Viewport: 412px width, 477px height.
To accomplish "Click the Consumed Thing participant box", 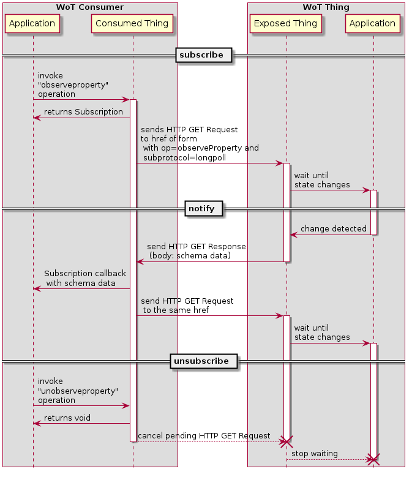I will click(133, 24).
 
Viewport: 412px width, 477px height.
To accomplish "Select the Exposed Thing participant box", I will click(285, 24).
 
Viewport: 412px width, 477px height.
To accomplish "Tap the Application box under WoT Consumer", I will click(33, 24).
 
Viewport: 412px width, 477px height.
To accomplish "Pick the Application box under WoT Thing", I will click(373, 24).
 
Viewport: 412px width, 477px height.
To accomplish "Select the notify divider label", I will click(201, 209).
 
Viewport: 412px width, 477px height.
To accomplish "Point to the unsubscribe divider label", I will click(201, 361).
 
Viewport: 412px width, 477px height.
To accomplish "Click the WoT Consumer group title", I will click(90, 7).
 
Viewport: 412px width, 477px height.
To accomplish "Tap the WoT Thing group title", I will click(326, 7).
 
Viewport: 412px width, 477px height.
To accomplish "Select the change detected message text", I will click(333, 229).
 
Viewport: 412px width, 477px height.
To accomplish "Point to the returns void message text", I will click(67, 418).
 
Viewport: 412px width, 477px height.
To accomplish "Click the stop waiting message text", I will click(315, 454).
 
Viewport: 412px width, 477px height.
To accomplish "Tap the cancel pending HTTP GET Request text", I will click(204, 436).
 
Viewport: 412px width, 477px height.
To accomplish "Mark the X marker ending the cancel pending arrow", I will click(285, 441).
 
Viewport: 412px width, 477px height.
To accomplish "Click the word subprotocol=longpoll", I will click(184, 157).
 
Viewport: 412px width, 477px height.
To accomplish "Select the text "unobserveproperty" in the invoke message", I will click(78, 391).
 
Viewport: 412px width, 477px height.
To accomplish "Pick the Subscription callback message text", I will click(85, 274).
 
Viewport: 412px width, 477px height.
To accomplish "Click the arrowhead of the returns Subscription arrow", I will click(37, 118).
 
